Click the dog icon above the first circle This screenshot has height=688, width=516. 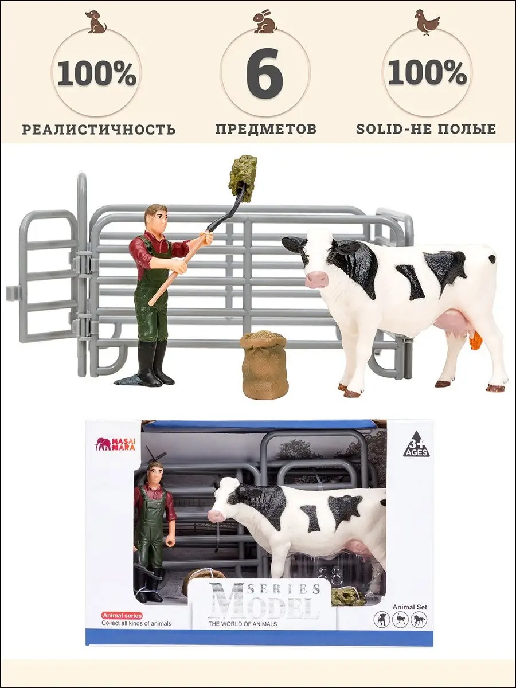point(97,22)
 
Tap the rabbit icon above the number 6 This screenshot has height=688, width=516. point(265,22)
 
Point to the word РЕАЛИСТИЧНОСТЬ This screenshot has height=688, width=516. point(99,130)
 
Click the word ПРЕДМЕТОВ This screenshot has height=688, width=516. point(265,129)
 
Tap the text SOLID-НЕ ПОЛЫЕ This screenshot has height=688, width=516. point(426,129)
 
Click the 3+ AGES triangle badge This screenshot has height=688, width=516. point(416,444)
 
